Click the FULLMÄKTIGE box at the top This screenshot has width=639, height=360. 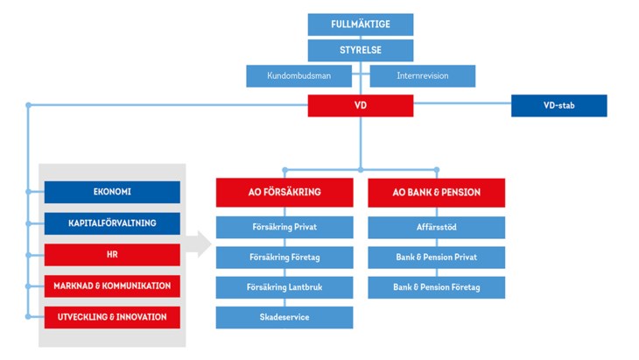[x=360, y=25]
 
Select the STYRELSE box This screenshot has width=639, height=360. [x=360, y=50]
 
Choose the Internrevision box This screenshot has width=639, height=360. [x=423, y=76]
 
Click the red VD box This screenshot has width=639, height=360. [x=360, y=106]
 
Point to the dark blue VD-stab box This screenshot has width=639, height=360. [x=558, y=106]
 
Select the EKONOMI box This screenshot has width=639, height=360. [x=112, y=192]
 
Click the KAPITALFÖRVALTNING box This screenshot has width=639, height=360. [x=112, y=223]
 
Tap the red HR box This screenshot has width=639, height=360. [x=112, y=255]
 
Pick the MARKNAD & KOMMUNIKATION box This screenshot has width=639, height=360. [x=112, y=286]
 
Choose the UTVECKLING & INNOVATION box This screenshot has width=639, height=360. [x=112, y=316]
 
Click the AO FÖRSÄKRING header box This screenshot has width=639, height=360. [x=284, y=193]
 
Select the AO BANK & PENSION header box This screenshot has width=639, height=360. [x=436, y=193]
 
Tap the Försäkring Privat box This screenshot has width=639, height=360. [x=284, y=227]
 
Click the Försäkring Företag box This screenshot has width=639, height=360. [x=284, y=258]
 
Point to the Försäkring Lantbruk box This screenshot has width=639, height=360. [x=284, y=287]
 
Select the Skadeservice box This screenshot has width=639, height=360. [x=284, y=317]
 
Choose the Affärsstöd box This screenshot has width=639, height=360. [x=436, y=227]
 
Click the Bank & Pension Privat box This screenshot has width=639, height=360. [x=436, y=258]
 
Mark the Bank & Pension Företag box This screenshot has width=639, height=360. [x=436, y=287]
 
